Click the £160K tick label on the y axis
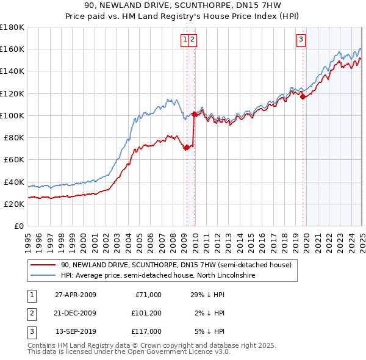pyautogui.click(x=12, y=49)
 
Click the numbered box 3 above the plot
pyautogui.click(x=301, y=40)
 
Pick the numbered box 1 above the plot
pyautogui.click(x=184, y=40)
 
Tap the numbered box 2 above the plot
pyautogui.click(x=192, y=40)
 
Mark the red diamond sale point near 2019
pyautogui.click(x=303, y=96)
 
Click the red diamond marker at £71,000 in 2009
pyautogui.click(x=187, y=146)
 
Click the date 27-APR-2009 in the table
pyautogui.click(x=76, y=295)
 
